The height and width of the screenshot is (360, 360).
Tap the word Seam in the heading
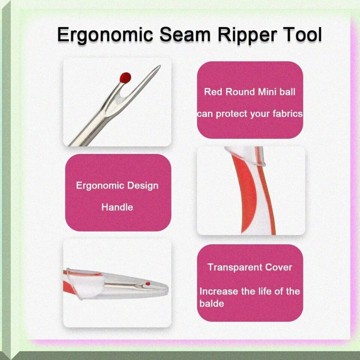point(185,35)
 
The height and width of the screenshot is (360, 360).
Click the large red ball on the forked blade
point(125,77)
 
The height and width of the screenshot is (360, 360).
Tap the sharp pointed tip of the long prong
point(160,66)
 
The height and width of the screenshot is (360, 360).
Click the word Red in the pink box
point(213,92)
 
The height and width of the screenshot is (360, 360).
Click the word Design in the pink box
point(142,186)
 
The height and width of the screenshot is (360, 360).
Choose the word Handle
point(117,207)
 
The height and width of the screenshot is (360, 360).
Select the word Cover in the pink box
point(279,267)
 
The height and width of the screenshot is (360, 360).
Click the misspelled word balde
point(211,303)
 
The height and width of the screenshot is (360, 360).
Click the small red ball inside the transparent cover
point(148,283)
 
